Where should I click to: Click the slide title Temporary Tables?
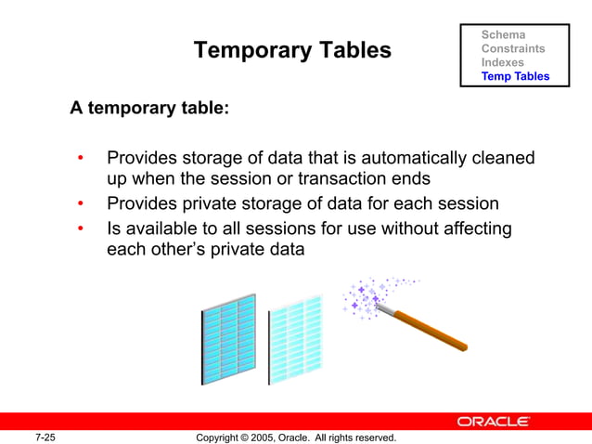click(x=291, y=50)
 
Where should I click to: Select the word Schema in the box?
click(x=503, y=34)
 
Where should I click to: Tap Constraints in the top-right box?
click(x=512, y=48)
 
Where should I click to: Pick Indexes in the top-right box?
click(x=502, y=62)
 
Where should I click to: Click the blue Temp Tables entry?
click(x=515, y=76)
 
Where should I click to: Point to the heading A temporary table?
click(x=149, y=109)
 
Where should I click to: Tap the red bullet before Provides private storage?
click(x=82, y=204)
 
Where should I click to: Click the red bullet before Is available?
click(x=82, y=229)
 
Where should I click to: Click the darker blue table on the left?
click(x=228, y=338)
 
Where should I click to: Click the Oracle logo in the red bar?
click(x=493, y=422)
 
